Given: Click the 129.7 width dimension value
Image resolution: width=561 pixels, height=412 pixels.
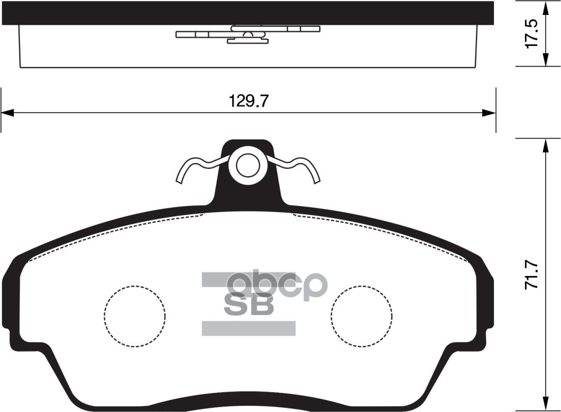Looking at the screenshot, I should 249,101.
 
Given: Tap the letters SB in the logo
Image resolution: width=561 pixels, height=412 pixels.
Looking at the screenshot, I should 249,304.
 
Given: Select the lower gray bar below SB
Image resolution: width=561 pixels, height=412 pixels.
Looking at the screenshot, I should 248,328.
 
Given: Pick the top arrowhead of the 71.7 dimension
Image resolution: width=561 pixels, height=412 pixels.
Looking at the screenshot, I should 545,145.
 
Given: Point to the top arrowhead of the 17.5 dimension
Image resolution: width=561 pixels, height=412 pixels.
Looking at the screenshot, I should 545,6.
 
